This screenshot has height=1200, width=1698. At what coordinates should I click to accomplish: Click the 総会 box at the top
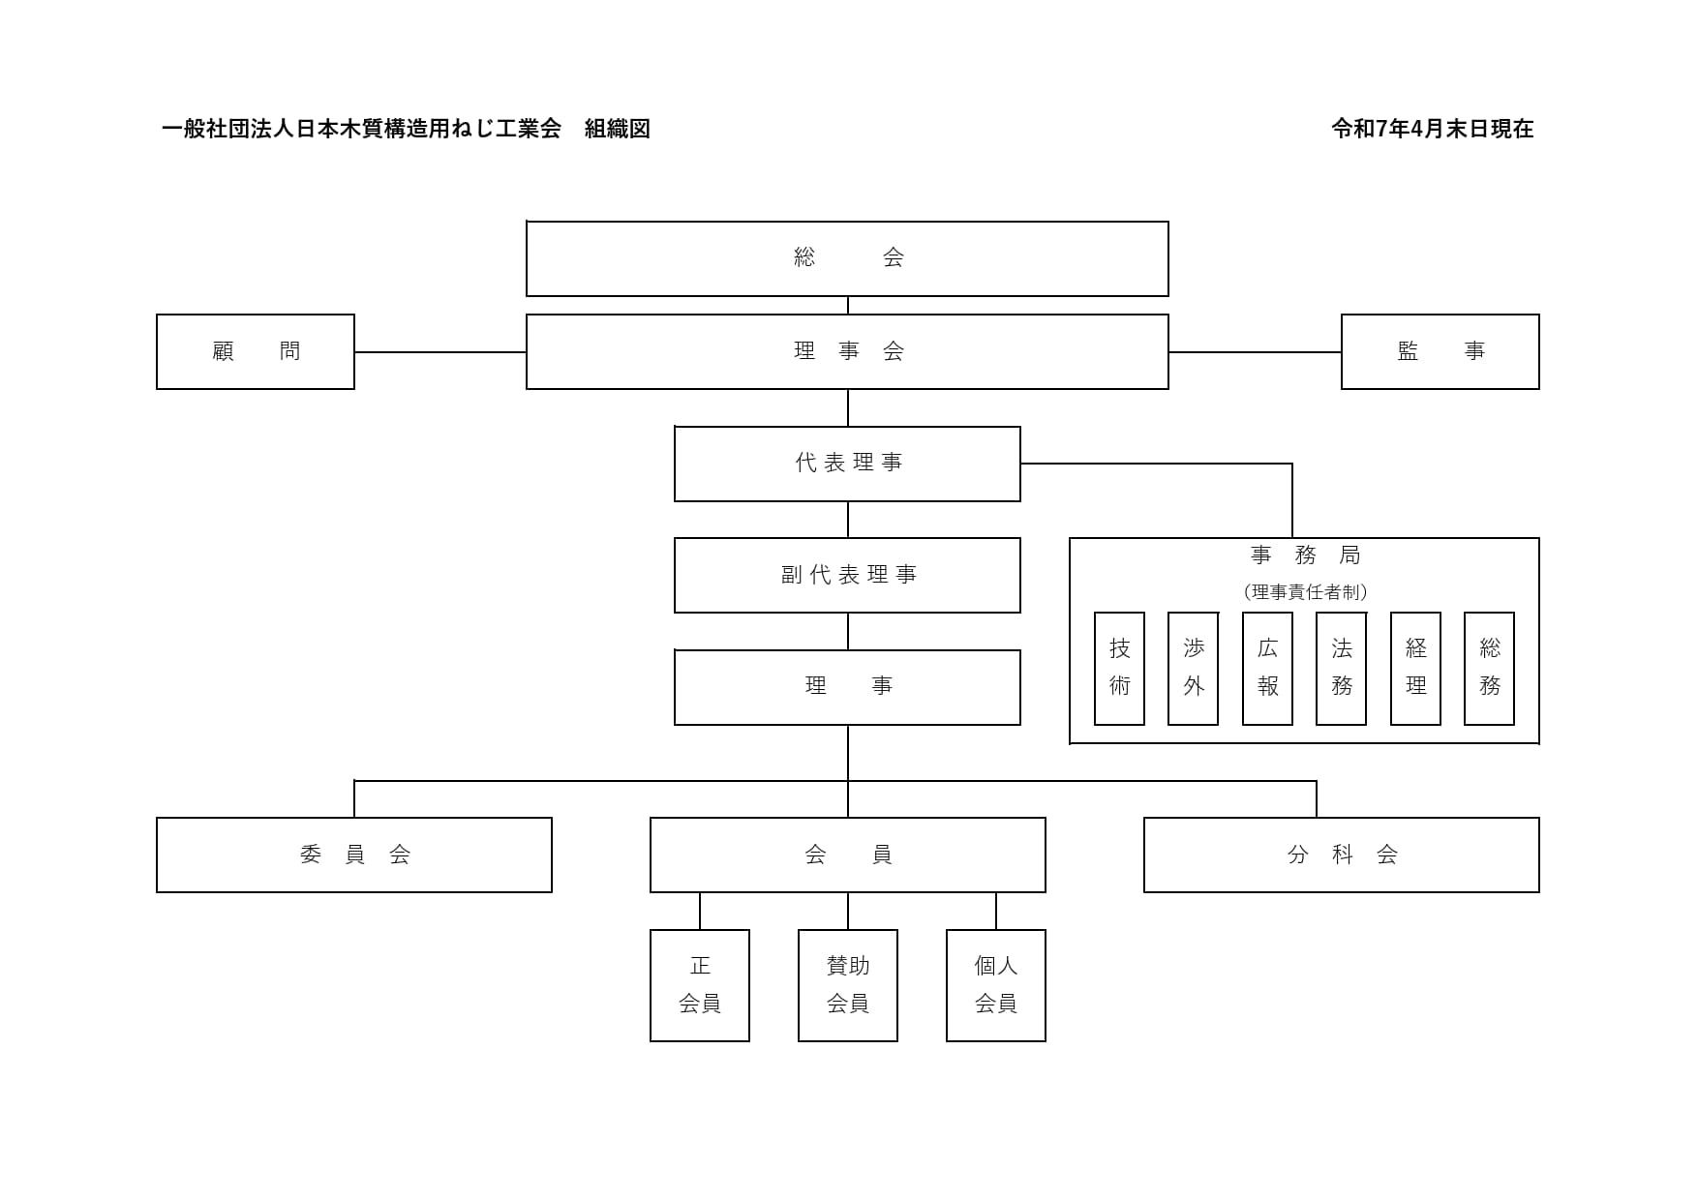point(847,258)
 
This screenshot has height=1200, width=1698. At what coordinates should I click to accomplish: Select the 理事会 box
point(847,351)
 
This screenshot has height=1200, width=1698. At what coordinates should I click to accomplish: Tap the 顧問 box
point(256,351)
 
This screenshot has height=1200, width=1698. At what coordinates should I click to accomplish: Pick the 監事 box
point(1440,351)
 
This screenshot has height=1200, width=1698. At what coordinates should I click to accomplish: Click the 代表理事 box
point(847,464)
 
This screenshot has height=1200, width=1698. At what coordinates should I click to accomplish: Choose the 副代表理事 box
point(847,575)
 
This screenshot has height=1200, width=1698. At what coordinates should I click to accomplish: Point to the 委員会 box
point(354,855)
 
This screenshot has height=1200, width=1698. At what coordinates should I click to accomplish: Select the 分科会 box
point(1341,855)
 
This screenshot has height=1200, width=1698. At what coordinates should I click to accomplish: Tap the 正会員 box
point(700,985)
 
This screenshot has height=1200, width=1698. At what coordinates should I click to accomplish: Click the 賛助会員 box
point(848,985)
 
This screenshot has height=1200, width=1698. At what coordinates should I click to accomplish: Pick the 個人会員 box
point(996,985)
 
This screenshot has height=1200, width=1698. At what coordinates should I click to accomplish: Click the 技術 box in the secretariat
point(1119,668)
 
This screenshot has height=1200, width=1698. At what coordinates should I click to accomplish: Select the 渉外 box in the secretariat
point(1194,668)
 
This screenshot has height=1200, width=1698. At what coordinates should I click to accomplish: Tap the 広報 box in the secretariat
point(1267,668)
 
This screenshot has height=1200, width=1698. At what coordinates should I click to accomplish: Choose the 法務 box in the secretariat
point(1342,668)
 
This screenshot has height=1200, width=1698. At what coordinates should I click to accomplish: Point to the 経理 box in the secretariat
point(1415,668)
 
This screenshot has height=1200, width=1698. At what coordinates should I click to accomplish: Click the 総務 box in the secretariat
point(1490,668)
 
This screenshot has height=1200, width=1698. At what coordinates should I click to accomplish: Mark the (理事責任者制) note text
point(1305,592)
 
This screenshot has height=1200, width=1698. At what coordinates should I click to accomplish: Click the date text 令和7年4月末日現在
point(1432,129)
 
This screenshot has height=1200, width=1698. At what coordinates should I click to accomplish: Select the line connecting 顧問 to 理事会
point(440,352)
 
